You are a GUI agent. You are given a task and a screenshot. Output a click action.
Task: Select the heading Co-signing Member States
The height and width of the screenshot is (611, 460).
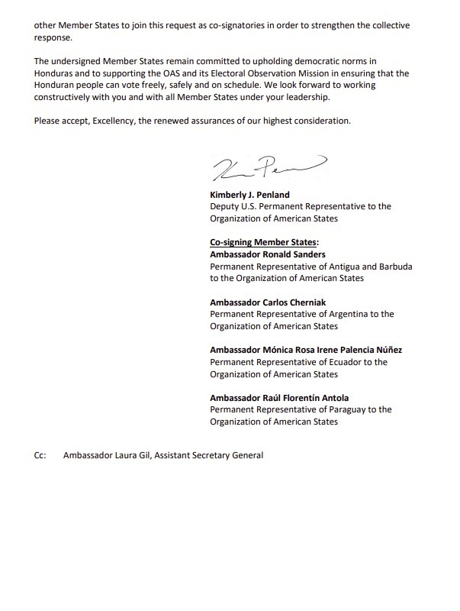click(263, 242)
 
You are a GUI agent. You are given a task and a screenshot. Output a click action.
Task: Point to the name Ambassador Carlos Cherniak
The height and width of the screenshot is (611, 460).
click(265, 302)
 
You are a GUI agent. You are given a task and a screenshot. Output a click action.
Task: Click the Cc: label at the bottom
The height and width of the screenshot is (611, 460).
click(40, 456)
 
